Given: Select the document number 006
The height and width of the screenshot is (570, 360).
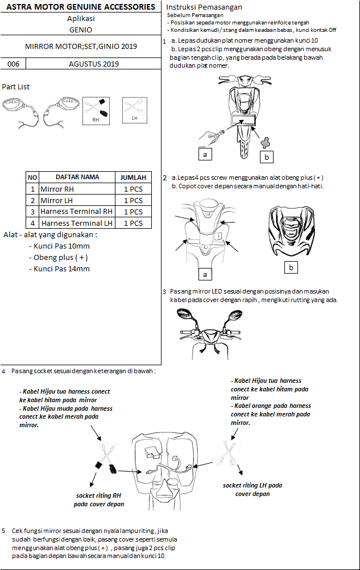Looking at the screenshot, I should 13,64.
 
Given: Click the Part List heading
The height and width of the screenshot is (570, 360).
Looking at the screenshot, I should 16,87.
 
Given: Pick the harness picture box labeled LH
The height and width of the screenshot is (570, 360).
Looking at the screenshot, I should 135,110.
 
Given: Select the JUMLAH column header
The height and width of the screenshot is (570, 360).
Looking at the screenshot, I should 133,177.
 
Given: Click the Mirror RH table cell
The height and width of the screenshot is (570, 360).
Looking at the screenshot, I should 57,189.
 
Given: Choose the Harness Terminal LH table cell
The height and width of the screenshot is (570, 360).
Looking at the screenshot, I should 76,223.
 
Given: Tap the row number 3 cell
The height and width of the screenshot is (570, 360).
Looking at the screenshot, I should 32,212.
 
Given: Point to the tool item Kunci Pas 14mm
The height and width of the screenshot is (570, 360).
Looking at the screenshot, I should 59,269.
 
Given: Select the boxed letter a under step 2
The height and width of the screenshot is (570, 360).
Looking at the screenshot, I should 205,274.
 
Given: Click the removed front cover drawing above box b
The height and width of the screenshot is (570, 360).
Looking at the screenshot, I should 291,232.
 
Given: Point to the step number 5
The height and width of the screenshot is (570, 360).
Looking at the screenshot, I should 4,530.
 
